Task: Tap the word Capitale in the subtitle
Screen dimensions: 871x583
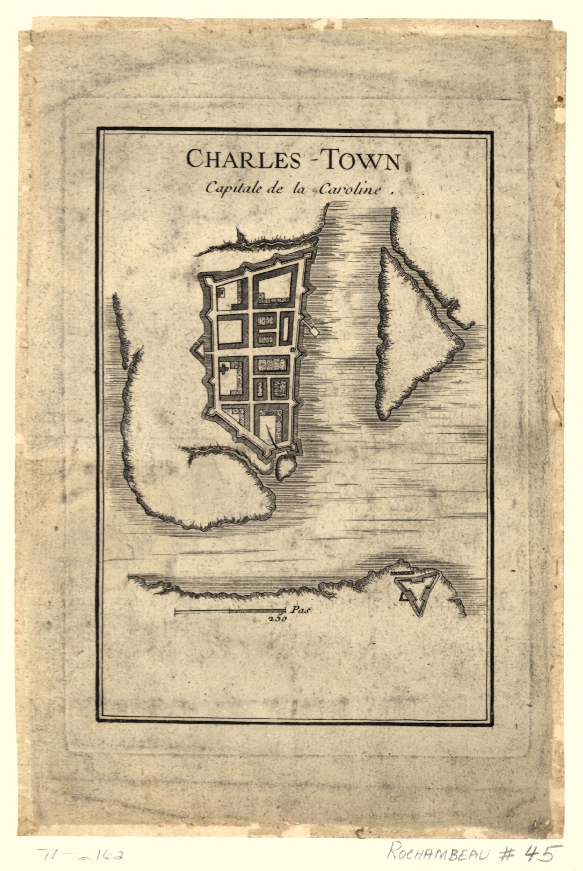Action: point(230,189)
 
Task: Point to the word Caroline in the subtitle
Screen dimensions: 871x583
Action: point(349,190)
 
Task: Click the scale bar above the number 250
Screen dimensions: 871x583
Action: point(230,610)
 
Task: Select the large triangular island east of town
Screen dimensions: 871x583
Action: point(413,335)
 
